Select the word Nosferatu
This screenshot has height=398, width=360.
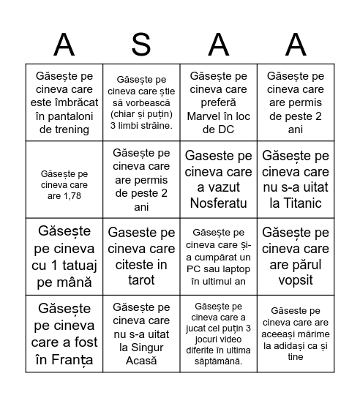coord(218,203)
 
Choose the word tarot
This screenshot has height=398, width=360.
coord(141,279)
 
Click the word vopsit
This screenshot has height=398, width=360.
coord(295,279)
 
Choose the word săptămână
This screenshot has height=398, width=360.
coord(218,361)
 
